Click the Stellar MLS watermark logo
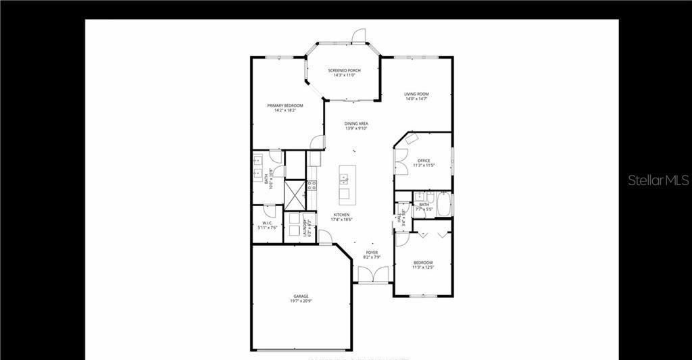(x=658, y=180)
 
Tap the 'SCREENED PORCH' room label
(x=345, y=70)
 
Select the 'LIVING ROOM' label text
(x=417, y=94)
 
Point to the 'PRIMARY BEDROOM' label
(x=285, y=105)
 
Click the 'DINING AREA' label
(x=356, y=124)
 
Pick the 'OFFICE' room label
(x=424, y=161)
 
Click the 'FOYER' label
(x=372, y=253)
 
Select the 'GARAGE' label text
(x=301, y=296)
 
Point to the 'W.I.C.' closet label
(x=267, y=224)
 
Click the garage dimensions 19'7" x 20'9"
(x=301, y=301)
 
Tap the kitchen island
(x=345, y=183)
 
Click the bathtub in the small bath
(x=444, y=205)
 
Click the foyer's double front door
(x=373, y=275)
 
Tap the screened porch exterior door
(x=359, y=35)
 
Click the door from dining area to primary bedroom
(x=315, y=142)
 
